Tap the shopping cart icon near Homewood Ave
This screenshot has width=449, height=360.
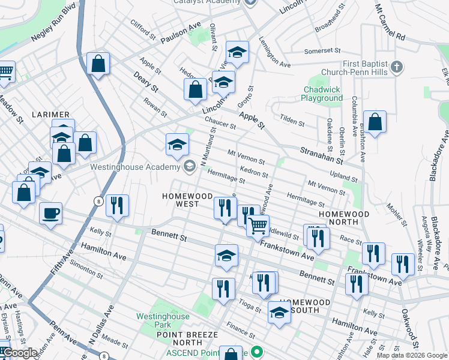pos(258,225)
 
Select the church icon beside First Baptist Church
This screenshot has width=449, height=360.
pos(396,67)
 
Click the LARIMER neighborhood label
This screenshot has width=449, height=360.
pos(52,114)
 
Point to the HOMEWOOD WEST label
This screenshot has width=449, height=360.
pos(188,200)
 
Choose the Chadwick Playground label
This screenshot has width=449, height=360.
pos(322,94)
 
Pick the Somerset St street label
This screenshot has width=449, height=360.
pos(322,51)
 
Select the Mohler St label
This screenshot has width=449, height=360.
pos(395,216)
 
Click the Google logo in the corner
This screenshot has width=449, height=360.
pos(20,353)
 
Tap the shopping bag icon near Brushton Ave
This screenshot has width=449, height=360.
pos(375,122)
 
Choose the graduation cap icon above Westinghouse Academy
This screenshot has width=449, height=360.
pos(177,145)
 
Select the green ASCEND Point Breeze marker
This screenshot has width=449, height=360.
pos(258,352)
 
